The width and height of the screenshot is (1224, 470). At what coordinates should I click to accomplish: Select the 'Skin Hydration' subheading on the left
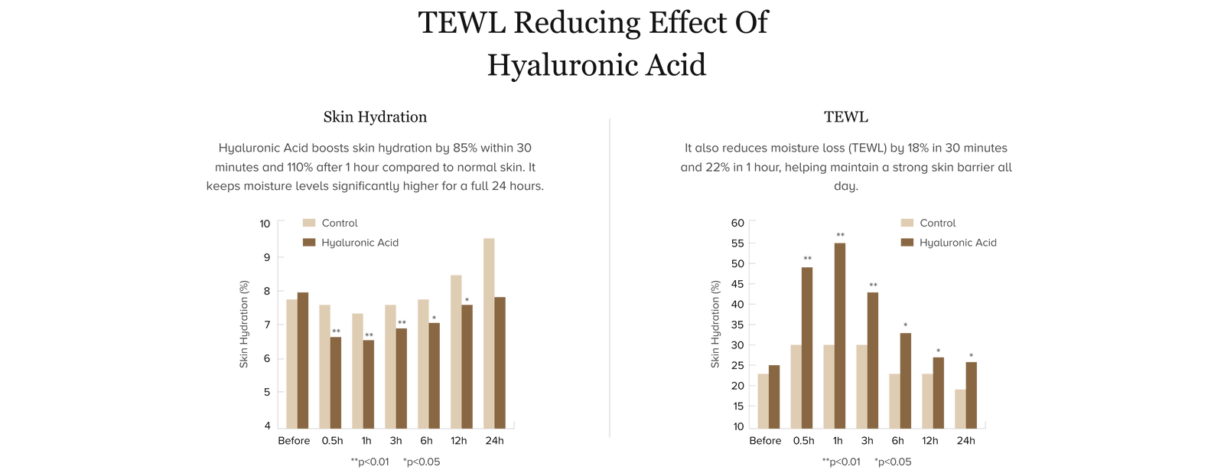(x=375, y=117)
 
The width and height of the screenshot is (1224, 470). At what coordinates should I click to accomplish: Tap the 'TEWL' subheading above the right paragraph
(x=845, y=117)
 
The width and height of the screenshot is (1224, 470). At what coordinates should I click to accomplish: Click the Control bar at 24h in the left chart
(x=490, y=333)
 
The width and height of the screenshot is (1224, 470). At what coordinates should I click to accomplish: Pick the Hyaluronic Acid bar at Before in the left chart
(x=302, y=360)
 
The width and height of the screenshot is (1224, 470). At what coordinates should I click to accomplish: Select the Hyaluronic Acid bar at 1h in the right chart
(x=840, y=335)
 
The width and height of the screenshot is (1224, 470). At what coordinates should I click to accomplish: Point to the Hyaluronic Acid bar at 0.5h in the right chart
(x=807, y=347)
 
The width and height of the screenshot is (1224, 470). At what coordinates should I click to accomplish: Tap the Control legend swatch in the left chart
(x=309, y=224)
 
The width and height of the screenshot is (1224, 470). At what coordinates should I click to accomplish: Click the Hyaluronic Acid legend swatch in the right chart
(x=907, y=243)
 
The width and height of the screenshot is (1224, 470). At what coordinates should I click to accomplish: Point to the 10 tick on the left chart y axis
(x=265, y=224)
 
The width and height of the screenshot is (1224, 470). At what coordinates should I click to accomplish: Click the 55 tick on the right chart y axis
(x=737, y=243)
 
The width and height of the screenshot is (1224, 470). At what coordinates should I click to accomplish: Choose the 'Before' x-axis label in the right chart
(x=765, y=441)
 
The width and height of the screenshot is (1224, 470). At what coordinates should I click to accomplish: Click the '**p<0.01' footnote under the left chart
(x=370, y=462)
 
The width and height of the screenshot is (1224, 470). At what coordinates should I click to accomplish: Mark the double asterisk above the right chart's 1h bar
(x=840, y=235)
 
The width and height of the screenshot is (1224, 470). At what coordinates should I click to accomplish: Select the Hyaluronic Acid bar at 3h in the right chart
(x=873, y=360)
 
